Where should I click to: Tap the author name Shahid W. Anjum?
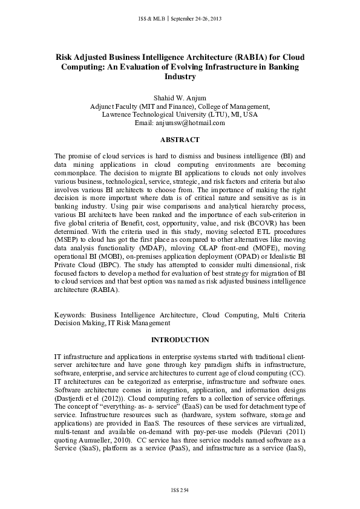click(180, 97)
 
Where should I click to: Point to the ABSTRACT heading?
click(180, 139)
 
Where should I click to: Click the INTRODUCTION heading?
click(180, 340)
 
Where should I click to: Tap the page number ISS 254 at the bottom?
click(180, 488)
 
